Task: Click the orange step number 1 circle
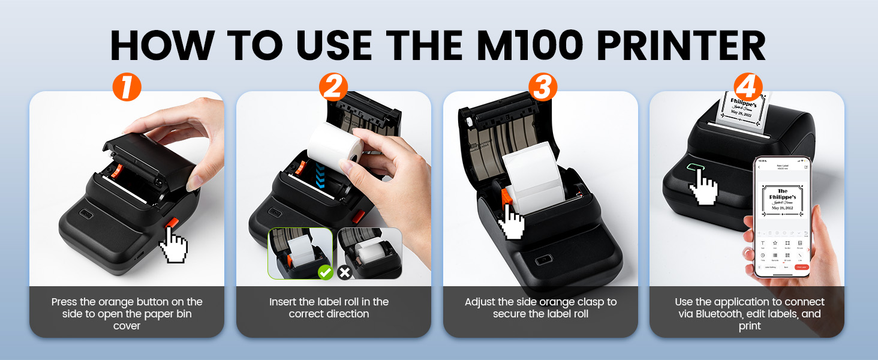[x=127, y=86]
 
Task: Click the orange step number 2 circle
[x=333, y=86]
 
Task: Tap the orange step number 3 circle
[x=542, y=86]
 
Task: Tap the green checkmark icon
[x=324, y=273]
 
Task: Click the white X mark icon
[x=345, y=273]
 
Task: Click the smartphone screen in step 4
[x=781, y=216]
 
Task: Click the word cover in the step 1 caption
[x=127, y=326]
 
